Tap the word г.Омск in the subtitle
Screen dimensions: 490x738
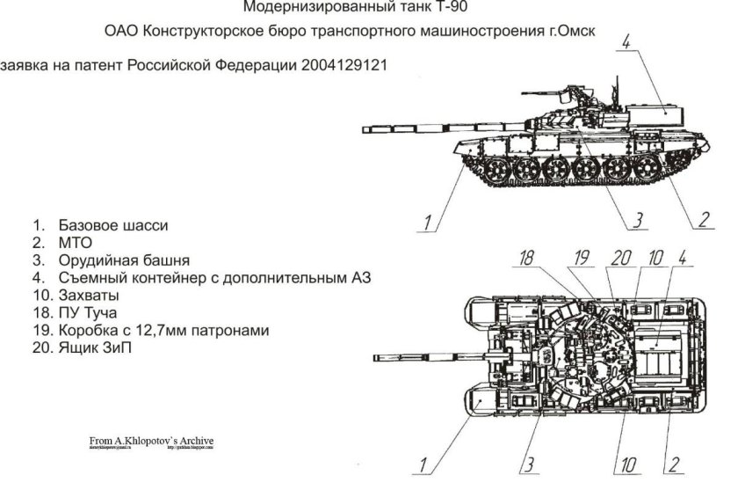[x=575, y=31]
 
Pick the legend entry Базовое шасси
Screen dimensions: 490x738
[x=113, y=225]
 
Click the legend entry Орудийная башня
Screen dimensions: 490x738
[x=124, y=260]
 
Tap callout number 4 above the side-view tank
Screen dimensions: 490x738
[x=626, y=43]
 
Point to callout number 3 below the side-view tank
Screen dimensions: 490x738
[x=639, y=218]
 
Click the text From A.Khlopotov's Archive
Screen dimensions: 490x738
[x=151, y=441]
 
